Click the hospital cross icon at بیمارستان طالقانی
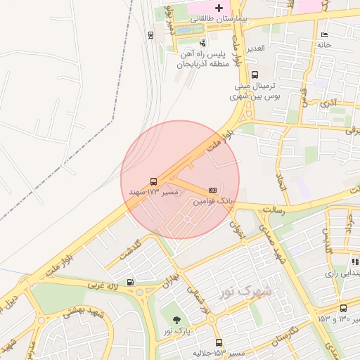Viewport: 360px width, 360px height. point(220,6)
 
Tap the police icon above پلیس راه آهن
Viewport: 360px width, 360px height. point(203,44)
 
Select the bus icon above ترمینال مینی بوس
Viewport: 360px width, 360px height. point(255,75)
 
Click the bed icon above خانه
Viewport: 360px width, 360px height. point(323,34)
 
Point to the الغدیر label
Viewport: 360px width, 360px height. point(254,49)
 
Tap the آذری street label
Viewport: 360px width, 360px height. point(328,103)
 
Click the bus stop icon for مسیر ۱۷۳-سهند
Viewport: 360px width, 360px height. point(153,181)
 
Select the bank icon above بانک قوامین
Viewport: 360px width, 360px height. point(212,191)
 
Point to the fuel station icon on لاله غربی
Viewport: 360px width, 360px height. point(130,283)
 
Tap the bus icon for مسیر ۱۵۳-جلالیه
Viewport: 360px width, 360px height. point(219,342)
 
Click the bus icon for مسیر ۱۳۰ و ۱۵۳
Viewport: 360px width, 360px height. point(343,308)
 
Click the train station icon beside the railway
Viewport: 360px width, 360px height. point(151,34)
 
